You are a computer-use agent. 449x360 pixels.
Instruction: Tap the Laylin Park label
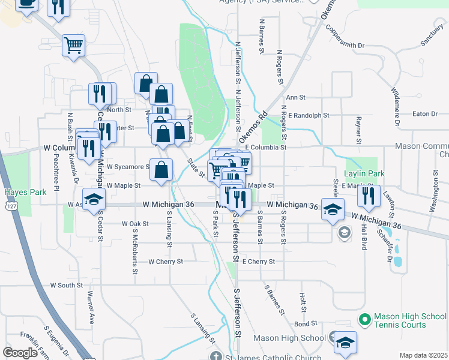point(364,173)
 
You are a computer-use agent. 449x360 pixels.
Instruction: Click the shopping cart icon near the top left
point(73,44)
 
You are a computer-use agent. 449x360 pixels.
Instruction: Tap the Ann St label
point(296,97)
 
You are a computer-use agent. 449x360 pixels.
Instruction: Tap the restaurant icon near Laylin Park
point(369,195)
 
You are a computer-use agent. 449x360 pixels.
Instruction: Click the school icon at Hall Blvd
point(333,209)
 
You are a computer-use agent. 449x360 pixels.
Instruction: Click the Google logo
point(20,353)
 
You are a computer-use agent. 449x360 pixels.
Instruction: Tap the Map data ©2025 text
point(423,355)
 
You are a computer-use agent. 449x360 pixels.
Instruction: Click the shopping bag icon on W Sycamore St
point(161,169)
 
